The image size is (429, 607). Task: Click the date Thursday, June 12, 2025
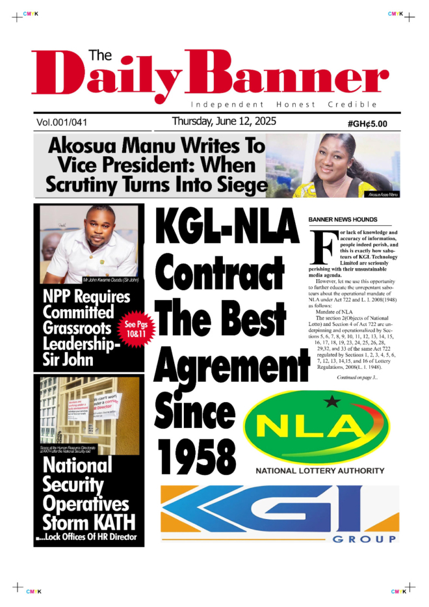(224, 121)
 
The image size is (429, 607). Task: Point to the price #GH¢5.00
(367, 123)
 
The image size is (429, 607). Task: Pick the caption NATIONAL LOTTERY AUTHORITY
(320, 470)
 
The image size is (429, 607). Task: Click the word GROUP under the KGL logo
(365, 539)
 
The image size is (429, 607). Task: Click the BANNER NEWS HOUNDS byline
(342, 220)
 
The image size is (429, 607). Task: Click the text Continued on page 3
(357, 377)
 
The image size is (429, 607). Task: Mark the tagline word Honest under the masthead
(295, 104)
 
